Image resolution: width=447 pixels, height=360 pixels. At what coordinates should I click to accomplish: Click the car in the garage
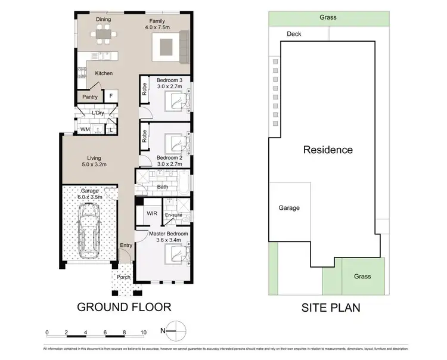(90, 231)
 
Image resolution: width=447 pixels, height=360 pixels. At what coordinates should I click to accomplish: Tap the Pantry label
(89, 97)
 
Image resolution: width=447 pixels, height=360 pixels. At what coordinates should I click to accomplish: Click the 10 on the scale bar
(144, 332)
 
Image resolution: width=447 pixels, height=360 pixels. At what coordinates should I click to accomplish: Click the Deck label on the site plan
(294, 34)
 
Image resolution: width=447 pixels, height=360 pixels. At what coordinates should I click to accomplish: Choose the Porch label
(123, 277)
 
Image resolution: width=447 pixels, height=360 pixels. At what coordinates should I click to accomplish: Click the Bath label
(163, 187)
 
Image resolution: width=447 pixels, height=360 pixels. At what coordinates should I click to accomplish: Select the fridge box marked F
(110, 96)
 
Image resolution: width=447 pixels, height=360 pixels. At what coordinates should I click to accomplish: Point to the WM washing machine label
(85, 129)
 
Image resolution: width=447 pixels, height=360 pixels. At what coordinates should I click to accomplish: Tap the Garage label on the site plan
(288, 208)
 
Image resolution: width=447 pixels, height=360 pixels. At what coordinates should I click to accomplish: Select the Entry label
(126, 246)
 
